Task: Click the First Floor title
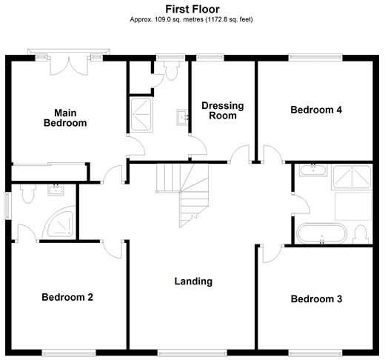(x=192, y=10)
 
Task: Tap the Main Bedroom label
(x=65, y=118)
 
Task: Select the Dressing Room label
(x=223, y=110)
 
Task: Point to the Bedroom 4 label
(x=316, y=110)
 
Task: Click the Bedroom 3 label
(x=316, y=299)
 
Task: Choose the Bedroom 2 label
(x=67, y=297)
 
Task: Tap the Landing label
(x=193, y=281)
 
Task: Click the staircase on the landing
(x=183, y=195)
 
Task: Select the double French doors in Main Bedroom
(x=69, y=66)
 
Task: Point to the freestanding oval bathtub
(x=321, y=233)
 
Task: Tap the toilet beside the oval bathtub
(x=361, y=234)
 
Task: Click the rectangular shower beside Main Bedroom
(x=141, y=115)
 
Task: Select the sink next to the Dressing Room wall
(x=183, y=118)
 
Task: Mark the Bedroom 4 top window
(x=315, y=58)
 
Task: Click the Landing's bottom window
(x=192, y=353)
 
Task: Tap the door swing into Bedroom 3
(x=272, y=253)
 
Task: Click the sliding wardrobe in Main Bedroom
(x=49, y=172)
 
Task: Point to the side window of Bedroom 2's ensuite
(x=7, y=206)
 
